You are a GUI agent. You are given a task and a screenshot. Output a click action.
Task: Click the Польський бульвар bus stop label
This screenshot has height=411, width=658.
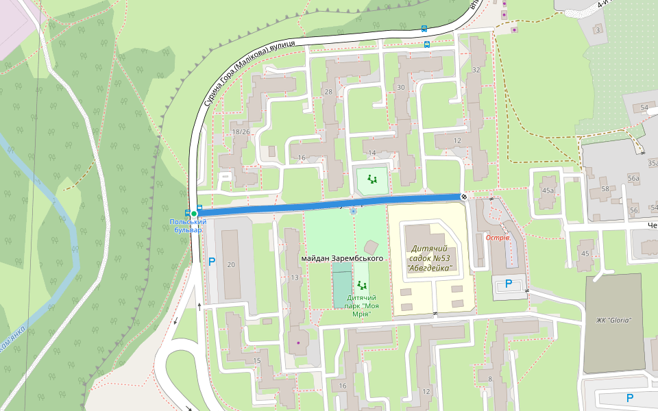[187, 226]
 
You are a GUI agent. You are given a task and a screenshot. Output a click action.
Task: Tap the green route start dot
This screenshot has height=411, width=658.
[194, 214]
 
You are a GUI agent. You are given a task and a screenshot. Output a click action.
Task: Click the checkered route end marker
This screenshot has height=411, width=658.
[464, 197]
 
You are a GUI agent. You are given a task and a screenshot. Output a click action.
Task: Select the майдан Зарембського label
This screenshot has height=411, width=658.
[341, 258]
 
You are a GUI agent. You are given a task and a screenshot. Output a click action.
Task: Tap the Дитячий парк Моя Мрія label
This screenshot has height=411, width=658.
[361, 306]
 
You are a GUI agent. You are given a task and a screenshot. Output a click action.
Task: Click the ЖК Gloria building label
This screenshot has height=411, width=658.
[613, 320]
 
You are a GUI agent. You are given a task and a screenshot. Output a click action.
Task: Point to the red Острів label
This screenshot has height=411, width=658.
[497, 238]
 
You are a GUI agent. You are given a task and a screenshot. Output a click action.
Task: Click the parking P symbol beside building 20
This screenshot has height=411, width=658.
[212, 262]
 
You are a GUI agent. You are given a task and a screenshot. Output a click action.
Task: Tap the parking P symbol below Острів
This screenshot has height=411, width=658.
[508, 284]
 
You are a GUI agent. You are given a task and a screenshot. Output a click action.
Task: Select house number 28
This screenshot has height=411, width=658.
[328, 92]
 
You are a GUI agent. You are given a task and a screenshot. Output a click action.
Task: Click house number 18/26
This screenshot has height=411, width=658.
[241, 132]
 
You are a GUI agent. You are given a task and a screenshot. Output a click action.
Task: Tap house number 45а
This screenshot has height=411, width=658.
[548, 190]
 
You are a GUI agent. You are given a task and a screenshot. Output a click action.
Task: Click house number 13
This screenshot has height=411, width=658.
[295, 277]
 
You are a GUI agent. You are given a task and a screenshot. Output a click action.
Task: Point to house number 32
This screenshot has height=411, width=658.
[476, 70]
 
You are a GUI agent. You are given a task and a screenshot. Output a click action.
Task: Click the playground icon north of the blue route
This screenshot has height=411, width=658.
[373, 179]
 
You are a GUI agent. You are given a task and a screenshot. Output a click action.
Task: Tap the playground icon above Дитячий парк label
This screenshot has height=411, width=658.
[361, 285]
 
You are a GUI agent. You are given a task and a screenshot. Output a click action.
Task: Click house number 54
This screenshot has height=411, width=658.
[644, 108]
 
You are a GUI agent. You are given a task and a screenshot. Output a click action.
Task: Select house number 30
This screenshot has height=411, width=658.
[401, 88]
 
